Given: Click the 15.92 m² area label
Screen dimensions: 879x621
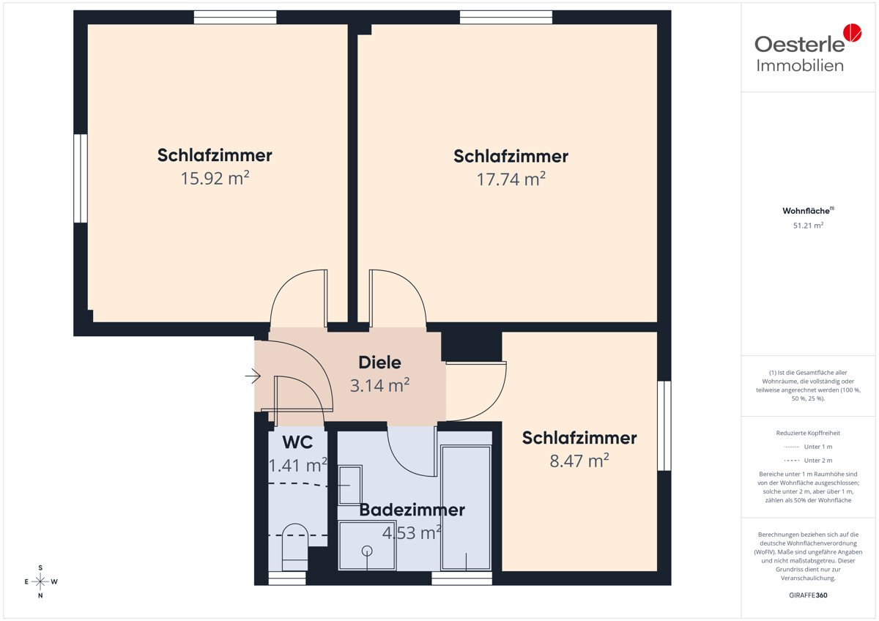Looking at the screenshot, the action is coord(215,178).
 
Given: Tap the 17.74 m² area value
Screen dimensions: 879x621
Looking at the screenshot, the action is coord(511,179).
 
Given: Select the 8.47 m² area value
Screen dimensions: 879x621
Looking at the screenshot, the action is coord(579,461).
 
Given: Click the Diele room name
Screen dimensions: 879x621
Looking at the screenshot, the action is coord(379,362).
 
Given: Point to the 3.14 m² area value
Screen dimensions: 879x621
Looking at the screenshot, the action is coord(379,385).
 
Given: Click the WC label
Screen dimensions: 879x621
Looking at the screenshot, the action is coord(297,442).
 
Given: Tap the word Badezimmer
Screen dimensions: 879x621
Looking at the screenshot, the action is coord(412,510).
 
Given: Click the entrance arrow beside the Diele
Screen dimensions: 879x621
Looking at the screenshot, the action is coord(253,376).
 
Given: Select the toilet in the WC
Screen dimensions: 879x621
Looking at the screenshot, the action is coord(295,547).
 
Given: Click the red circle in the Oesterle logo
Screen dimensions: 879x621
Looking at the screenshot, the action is coord(853,32).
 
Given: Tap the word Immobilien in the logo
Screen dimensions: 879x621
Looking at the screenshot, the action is coord(800,65).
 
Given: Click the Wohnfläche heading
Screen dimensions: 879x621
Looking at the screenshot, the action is coord(808,211).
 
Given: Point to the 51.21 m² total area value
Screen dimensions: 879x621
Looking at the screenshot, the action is coord(808,226).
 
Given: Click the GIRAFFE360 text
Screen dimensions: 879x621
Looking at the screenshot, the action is coord(808,595).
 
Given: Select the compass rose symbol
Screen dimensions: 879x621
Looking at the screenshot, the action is coord(40,581).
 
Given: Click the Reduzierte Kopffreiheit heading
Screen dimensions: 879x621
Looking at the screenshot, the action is coord(808,433).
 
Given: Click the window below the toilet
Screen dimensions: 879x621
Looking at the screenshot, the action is coord(287,579).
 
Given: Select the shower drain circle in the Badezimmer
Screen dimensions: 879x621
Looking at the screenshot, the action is coord(367,551).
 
